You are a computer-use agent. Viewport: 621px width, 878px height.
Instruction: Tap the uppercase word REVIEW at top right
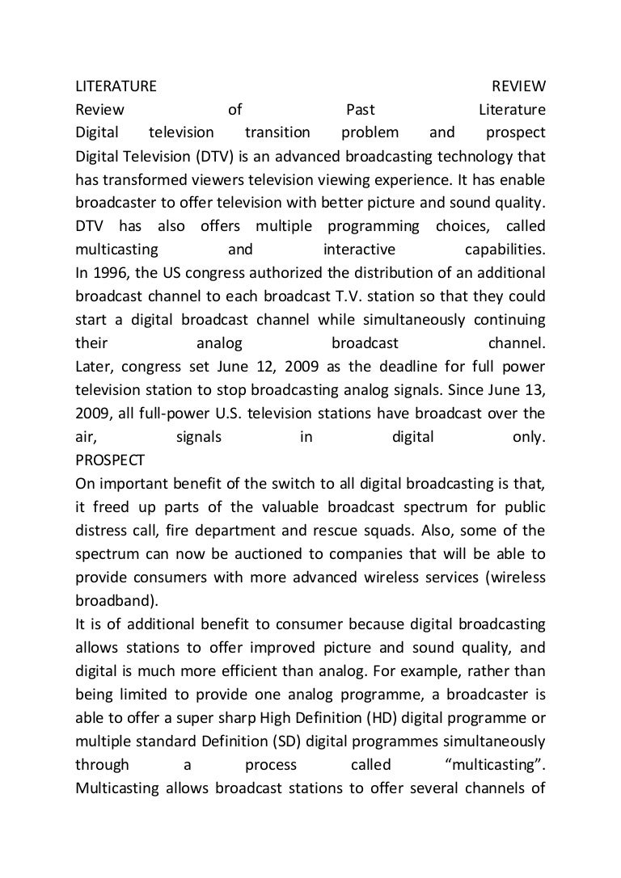[519, 86]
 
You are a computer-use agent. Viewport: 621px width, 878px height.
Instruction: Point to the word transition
[277, 132]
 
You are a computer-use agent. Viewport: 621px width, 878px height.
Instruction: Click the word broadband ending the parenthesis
[112, 600]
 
